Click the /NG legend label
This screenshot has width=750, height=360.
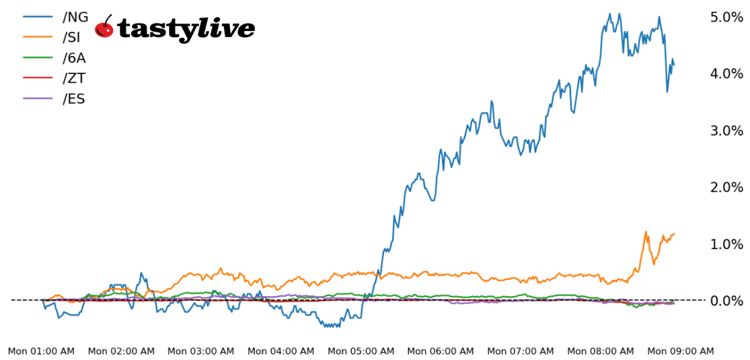[75, 17]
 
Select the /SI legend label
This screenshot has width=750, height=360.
[71, 38]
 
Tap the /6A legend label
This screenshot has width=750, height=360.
[74, 58]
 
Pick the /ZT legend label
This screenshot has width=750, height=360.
[73, 79]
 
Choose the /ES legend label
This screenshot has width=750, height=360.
[74, 99]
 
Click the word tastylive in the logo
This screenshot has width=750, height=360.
[186, 29]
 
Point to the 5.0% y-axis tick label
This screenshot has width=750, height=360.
[726, 17]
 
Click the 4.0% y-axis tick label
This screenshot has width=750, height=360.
[726, 73]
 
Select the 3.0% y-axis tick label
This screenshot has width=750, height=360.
[726, 131]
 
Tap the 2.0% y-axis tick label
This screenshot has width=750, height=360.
[726, 187]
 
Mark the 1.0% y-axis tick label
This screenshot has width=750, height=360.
[726, 244]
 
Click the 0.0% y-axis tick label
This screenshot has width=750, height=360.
[726, 301]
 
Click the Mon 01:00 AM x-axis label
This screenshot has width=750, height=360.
[42, 351]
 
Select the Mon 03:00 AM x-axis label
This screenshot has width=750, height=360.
[201, 351]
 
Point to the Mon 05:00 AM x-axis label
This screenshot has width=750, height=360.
[361, 351]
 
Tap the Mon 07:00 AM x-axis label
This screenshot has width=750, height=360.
[521, 351]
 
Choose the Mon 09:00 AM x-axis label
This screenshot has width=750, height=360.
[680, 351]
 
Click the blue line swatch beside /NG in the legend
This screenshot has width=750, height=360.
[38, 17]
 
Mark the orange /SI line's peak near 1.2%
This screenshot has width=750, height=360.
[646, 232]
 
